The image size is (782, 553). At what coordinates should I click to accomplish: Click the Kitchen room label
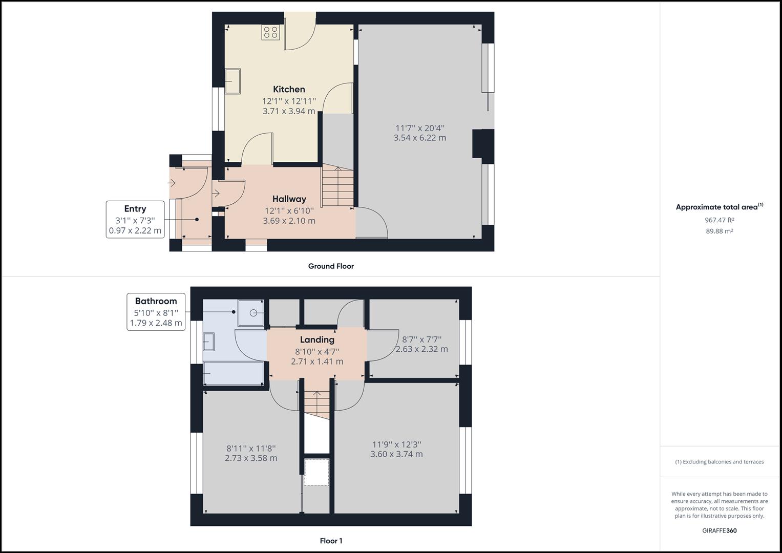[289, 90]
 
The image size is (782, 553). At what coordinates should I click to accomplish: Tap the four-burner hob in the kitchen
[271, 32]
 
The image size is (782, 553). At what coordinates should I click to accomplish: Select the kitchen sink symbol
[233, 81]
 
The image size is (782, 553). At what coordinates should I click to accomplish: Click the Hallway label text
[289, 199]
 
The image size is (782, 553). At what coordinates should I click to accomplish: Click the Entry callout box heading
[135, 209]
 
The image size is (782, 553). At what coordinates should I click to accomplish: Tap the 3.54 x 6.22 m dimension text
[419, 138]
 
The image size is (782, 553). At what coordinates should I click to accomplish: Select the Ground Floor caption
[331, 266]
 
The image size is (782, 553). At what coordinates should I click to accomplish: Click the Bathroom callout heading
[156, 301]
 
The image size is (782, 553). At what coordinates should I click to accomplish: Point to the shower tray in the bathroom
[251, 313]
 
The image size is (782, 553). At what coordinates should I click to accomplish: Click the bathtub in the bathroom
[234, 373]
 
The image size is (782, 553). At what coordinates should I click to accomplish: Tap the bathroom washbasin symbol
[208, 342]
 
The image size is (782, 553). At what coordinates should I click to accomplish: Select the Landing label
[317, 339]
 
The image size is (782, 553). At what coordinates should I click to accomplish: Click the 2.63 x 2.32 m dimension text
[421, 349]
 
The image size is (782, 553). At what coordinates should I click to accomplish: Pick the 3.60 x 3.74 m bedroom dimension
[396, 454]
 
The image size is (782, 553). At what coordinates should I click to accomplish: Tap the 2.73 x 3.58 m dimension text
[251, 458]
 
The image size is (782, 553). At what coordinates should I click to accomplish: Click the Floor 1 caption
[331, 541]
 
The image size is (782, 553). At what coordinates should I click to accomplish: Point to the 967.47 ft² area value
[719, 220]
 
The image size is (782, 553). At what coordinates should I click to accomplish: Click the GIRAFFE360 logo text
[719, 530]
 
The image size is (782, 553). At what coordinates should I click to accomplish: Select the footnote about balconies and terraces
[719, 462]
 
